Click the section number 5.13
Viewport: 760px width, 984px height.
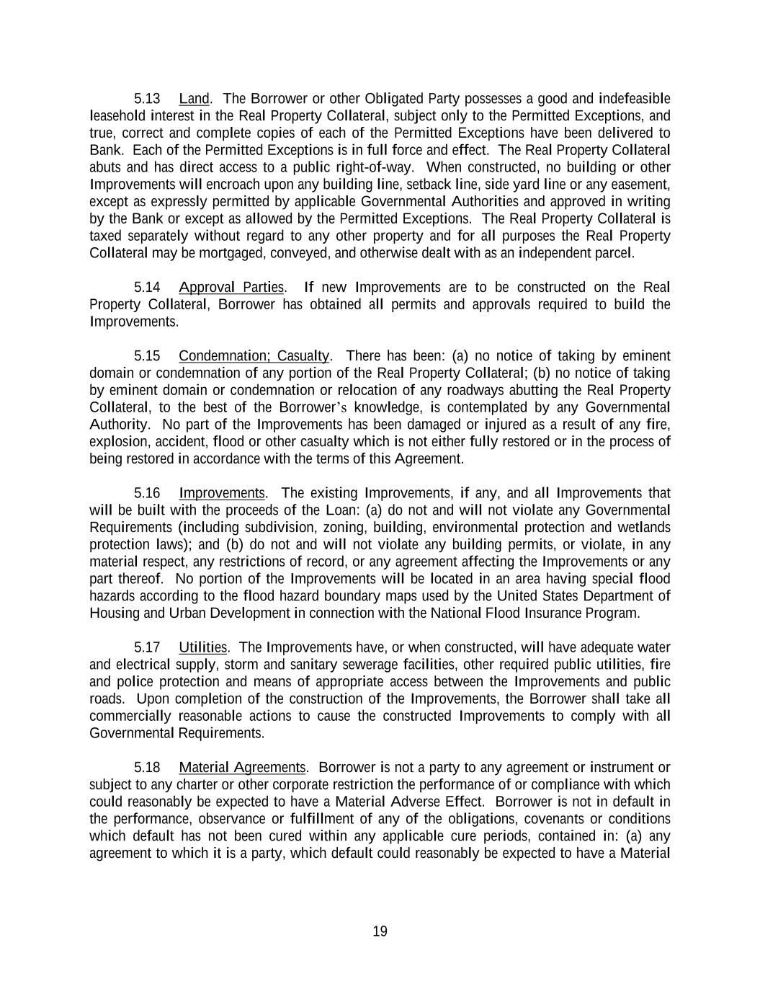pyautogui.click(x=147, y=99)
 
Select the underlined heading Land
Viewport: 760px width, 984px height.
pyautogui.click(x=195, y=99)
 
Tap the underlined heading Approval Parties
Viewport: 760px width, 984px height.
pyautogui.click(x=231, y=288)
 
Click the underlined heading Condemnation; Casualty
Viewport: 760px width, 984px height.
pyautogui.click(x=254, y=356)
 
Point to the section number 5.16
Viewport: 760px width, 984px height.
pyautogui.click(x=147, y=494)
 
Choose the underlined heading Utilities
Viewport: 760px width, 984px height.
pyautogui.click(x=202, y=648)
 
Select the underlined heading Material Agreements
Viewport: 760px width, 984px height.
pyautogui.click(x=242, y=768)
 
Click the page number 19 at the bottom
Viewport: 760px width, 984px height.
pyautogui.click(x=380, y=931)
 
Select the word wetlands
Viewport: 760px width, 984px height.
pyautogui.click(x=643, y=528)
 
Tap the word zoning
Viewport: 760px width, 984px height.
pyautogui.click(x=347, y=528)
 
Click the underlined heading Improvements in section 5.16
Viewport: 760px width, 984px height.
pyautogui.click(x=222, y=494)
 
